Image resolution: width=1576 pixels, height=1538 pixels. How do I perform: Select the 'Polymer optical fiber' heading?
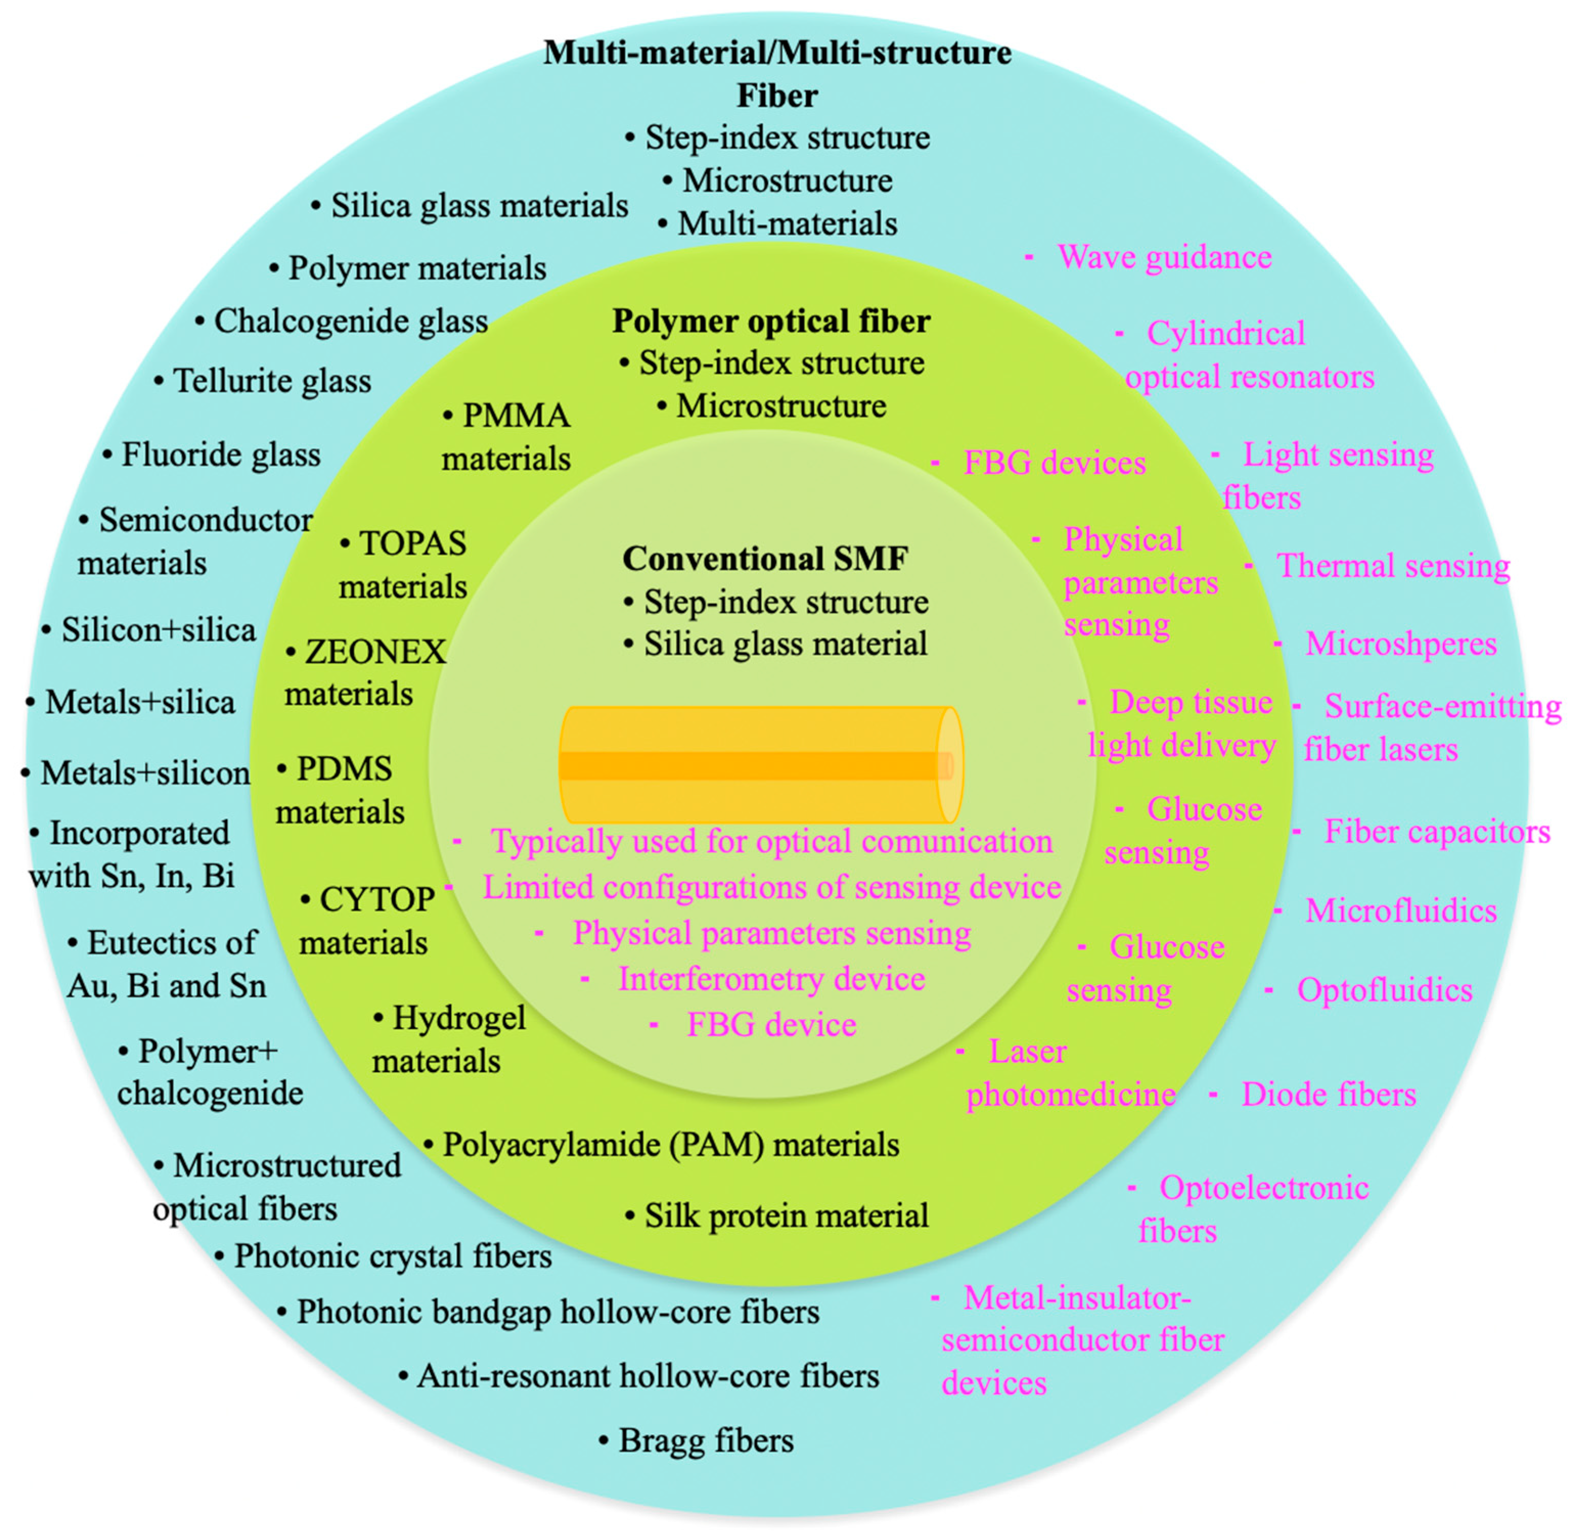pos(770,321)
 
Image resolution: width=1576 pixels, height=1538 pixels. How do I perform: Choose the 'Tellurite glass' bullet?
pos(271,381)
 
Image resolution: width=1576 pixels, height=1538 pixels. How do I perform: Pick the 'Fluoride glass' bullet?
pos(220,454)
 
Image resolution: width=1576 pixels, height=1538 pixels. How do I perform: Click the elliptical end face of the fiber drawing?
pos(949,765)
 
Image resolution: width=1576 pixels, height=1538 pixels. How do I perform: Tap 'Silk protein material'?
pos(786,1216)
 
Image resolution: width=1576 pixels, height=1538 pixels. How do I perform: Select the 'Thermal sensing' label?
pos(1392,566)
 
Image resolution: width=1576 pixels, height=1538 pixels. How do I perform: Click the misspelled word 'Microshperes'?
pos(1400,644)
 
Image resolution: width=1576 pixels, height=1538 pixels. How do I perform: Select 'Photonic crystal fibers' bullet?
pos(393,1256)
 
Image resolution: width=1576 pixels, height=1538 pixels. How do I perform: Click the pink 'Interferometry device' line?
pos(771,979)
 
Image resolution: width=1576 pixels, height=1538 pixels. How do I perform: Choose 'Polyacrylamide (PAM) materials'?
pos(670,1145)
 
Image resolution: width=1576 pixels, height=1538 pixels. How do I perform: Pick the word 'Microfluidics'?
pos(1400,911)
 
